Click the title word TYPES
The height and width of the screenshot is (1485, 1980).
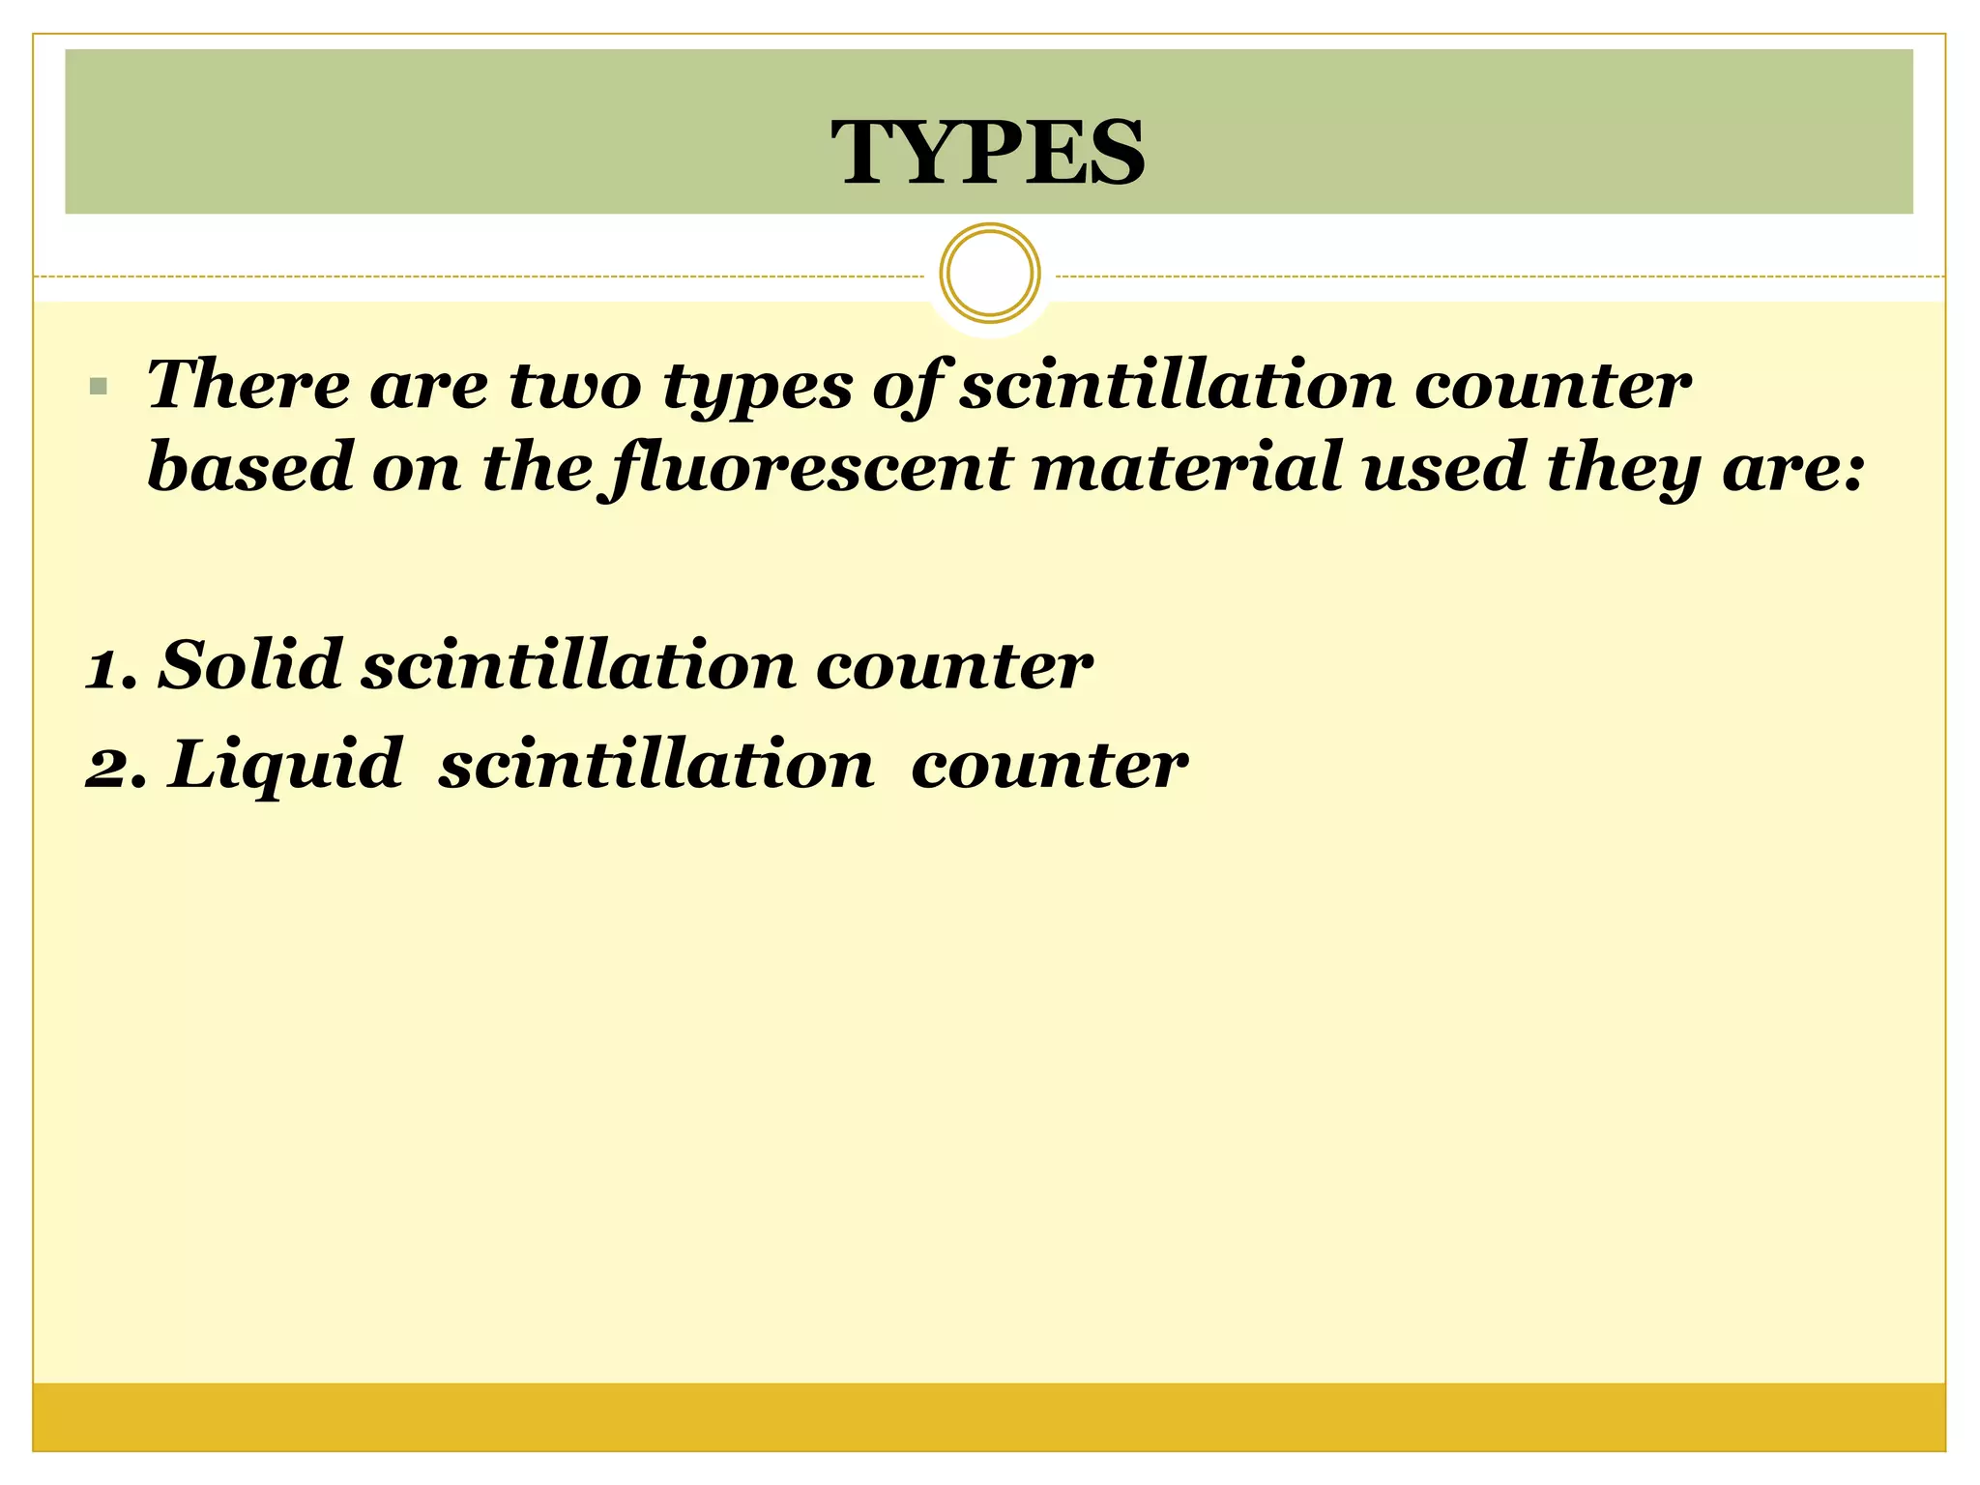pyautogui.click(x=988, y=152)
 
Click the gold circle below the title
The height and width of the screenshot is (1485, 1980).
pyautogui.click(x=989, y=274)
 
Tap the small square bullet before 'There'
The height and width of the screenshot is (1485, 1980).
pyautogui.click(x=97, y=388)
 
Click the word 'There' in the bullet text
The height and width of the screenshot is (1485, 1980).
pyautogui.click(x=247, y=385)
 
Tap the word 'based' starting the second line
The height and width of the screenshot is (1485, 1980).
pyautogui.click(x=250, y=466)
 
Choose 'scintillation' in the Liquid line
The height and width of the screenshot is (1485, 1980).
pyautogui.click(x=656, y=765)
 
